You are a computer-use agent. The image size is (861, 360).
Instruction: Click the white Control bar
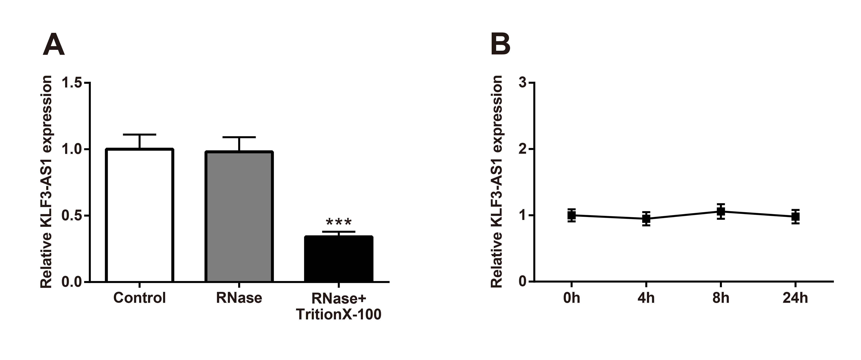(139, 215)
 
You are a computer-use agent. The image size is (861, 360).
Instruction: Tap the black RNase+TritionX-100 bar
(339, 259)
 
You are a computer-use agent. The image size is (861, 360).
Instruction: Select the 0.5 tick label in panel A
(72, 216)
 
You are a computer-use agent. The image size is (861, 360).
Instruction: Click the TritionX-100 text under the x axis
(339, 315)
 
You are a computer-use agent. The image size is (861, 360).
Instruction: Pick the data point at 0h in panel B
(572, 215)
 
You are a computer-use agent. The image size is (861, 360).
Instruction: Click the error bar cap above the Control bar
(139, 134)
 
